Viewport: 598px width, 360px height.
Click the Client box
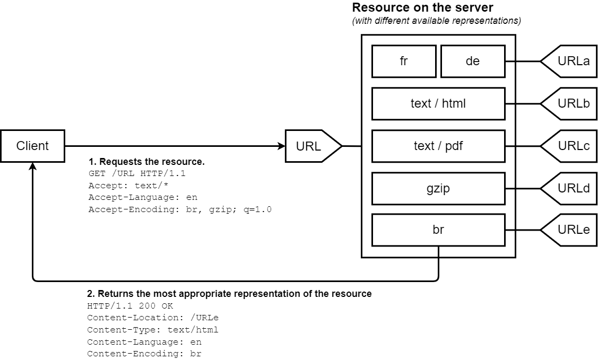(32, 146)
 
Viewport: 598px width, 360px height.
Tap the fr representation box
(404, 61)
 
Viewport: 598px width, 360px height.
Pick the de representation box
(472, 61)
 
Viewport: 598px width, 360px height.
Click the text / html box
(438, 103)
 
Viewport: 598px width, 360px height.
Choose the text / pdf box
(438, 146)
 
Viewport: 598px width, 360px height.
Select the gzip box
(438, 188)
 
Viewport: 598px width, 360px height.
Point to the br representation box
(438, 230)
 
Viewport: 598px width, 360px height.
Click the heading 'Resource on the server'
(423, 8)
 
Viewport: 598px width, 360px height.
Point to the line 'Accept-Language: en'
(143, 197)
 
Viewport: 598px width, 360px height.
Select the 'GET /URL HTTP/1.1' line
(137, 173)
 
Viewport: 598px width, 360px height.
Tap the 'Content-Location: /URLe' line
(153, 318)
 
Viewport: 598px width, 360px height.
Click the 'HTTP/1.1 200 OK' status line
(130, 306)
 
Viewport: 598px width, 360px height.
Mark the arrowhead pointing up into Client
(33, 166)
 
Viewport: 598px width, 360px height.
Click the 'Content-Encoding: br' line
(144, 354)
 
